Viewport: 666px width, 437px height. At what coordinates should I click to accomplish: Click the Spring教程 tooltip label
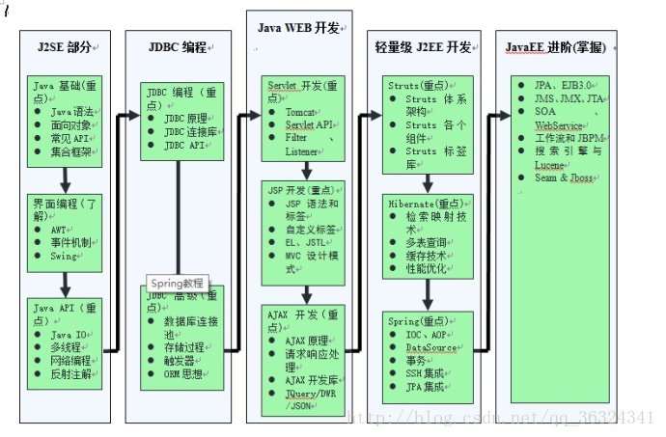point(178,283)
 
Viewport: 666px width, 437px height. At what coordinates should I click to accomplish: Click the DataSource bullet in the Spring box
point(430,346)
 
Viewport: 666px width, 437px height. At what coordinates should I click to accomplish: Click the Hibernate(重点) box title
point(425,205)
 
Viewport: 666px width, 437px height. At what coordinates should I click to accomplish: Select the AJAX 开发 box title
point(303,315)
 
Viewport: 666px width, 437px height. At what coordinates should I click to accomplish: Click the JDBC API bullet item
point(183,143)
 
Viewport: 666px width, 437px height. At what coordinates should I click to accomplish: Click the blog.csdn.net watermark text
point(502,417)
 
